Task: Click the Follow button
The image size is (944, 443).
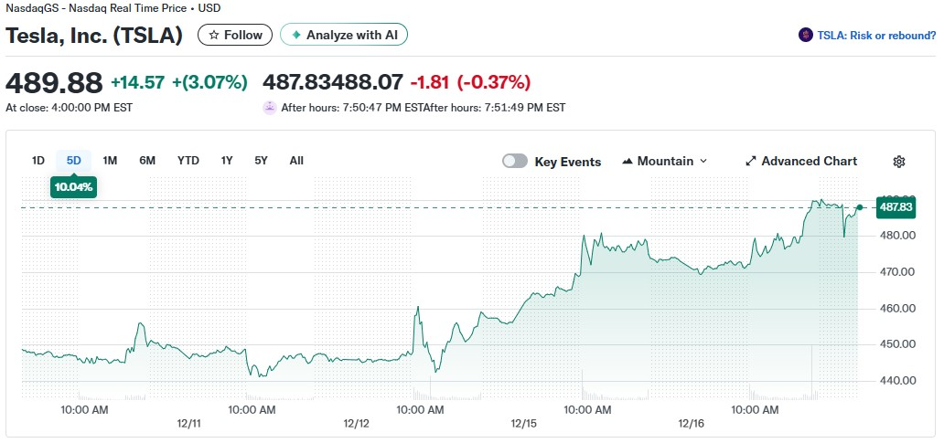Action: click(235, 35)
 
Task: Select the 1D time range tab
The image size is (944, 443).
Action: click(38, 161)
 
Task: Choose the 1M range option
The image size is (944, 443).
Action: click(110, 161)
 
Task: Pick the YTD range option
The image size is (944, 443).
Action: click(188, 161)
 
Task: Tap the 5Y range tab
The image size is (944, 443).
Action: click(262, 161)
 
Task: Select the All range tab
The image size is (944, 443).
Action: click(296, 161)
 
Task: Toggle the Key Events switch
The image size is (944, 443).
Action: click(515, 161)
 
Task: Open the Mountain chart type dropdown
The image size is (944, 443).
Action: click(665, 161)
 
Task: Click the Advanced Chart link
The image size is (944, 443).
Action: click(801, 161)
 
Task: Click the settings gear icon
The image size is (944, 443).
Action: click(899, 162)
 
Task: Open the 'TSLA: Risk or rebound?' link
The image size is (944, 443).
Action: click(868, 35)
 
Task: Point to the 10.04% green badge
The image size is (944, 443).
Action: click(73, 186)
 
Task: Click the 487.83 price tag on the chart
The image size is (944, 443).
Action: click(896, 207)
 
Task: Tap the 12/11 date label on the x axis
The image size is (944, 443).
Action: click(188, 424)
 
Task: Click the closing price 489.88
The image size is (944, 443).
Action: click(54, 82)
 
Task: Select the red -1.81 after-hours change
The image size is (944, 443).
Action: click(430, 82)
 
